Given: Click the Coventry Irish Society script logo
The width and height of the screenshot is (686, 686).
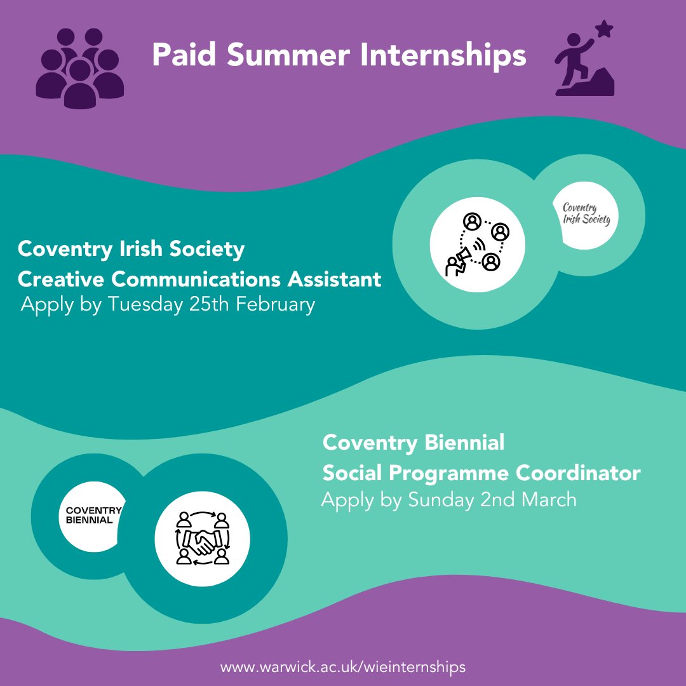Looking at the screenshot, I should coord(586,214).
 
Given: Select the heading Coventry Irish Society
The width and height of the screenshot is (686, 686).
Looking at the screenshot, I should coord(131,249).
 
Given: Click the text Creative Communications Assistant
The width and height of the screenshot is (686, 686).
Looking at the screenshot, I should coord(199,278).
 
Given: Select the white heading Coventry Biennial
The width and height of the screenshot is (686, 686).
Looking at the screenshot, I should coord(413,442).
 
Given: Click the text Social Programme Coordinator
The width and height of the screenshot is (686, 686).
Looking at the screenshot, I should coord(481,473).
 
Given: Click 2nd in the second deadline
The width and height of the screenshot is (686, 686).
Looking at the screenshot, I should coord(498,499).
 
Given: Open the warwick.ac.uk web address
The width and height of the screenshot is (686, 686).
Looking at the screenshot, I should coord(343,668).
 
